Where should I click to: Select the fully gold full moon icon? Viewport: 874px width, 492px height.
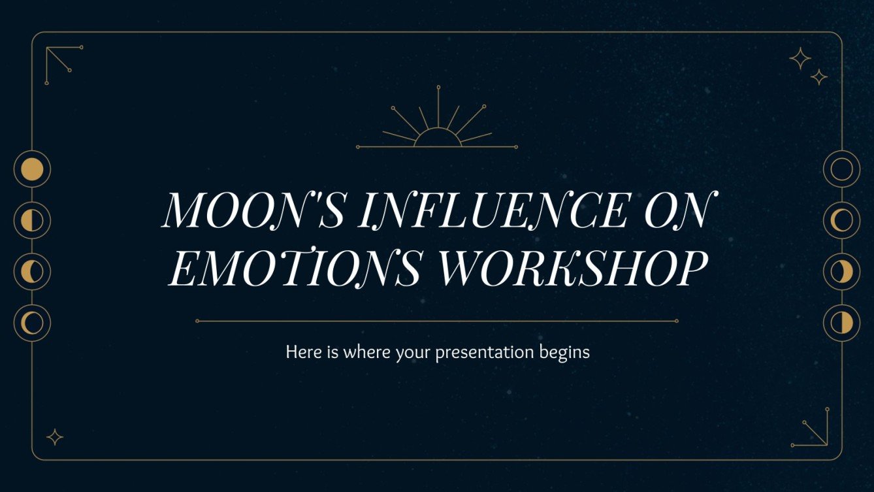click(x=32, y=169)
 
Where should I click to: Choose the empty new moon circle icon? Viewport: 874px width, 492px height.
click(x=841, y=169)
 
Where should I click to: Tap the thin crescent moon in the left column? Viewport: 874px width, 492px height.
click(x=32, y=322)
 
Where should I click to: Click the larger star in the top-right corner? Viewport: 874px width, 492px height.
click(x=800, y=59)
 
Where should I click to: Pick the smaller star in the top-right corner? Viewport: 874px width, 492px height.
click(x=819, y=77)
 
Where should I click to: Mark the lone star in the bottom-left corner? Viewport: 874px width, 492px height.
click(x=56, y=437)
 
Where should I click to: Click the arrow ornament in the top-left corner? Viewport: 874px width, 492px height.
click(x=60, y=61)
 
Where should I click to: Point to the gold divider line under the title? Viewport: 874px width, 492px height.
click(x=437, y=321)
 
